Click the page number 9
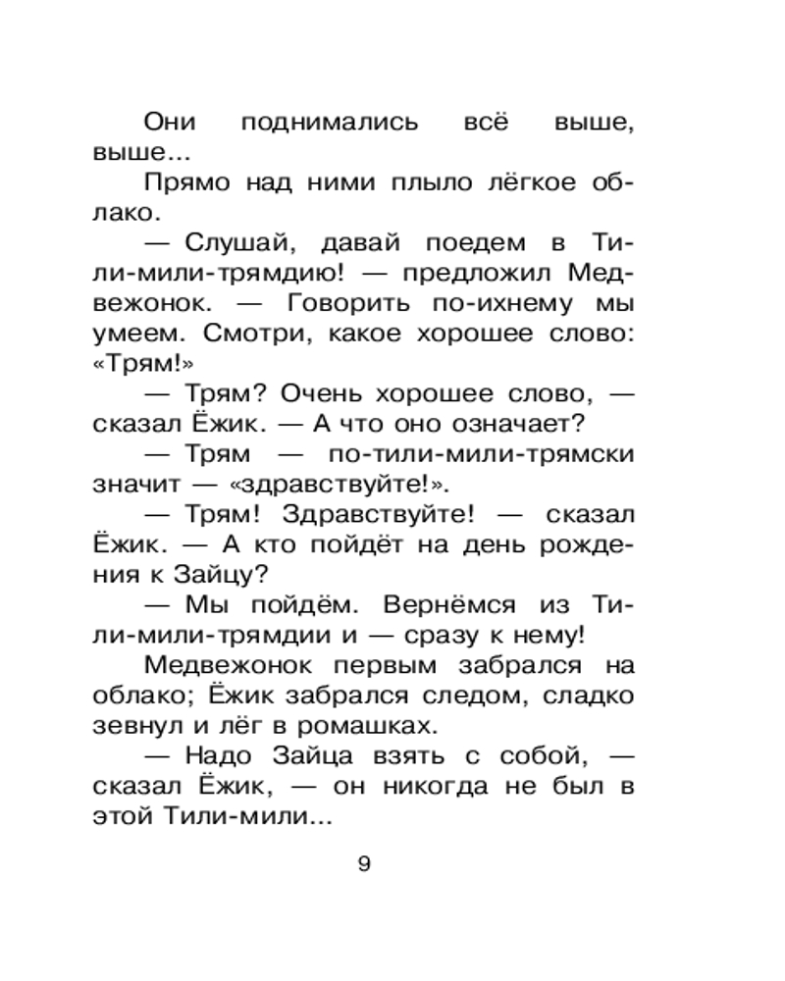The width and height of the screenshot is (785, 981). tap(364, 864)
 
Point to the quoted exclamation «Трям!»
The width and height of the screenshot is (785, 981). tap(139, 365)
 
